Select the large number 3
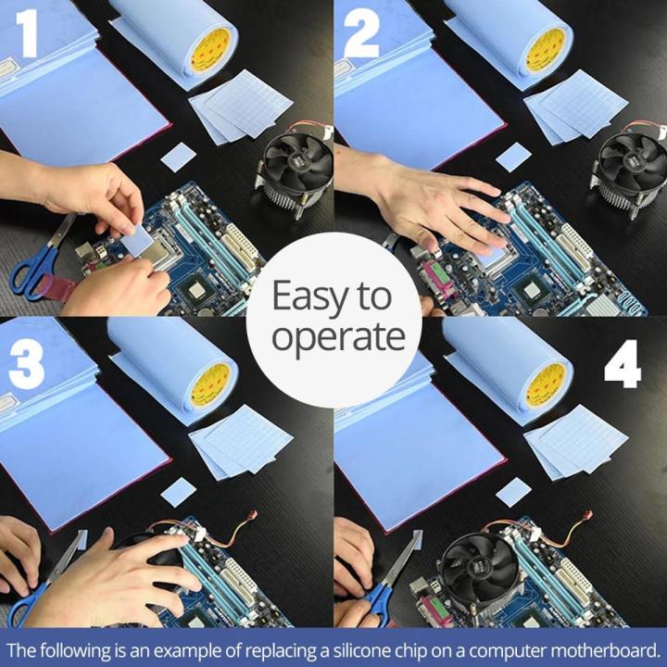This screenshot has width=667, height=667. (x=27, y=367)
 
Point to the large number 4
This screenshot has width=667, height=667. (x=623, y=369)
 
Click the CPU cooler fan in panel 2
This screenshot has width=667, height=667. (x=630, y=163)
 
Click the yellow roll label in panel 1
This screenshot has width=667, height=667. (x=211, y=50)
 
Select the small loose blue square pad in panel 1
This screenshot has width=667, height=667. (x=178, y=157)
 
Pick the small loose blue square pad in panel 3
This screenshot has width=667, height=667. (x=178, y=491)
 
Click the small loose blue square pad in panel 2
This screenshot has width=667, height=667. (x=513, y=157)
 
